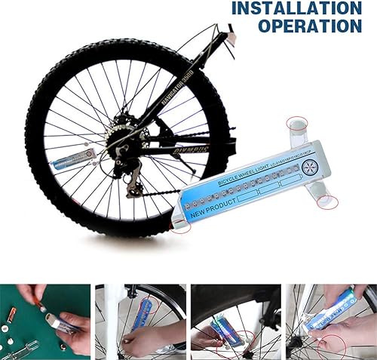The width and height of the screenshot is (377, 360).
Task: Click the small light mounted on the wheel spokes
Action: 73,160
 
